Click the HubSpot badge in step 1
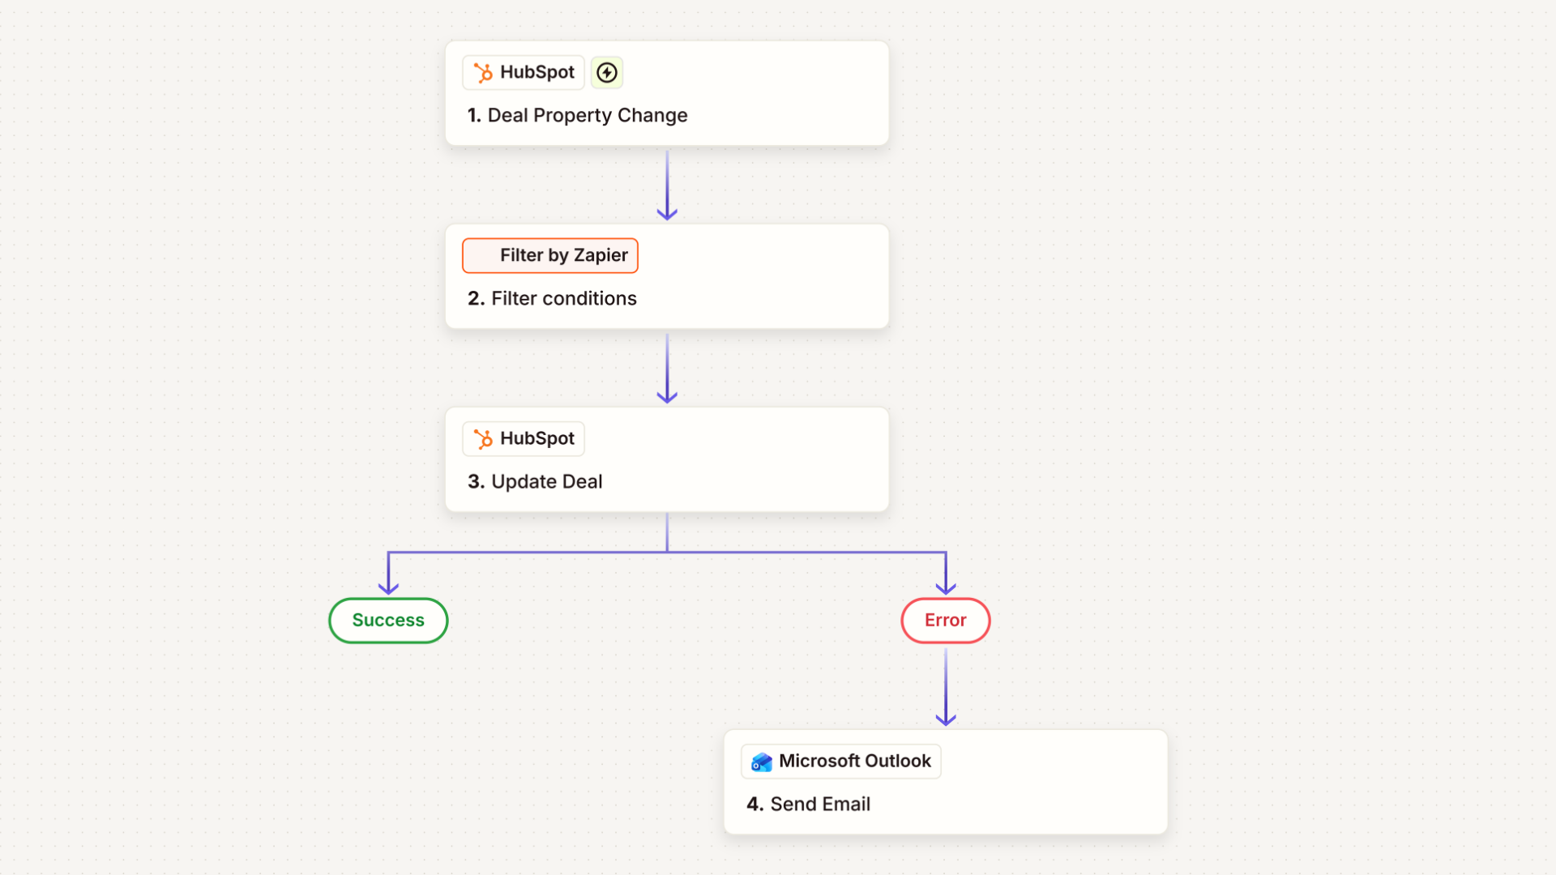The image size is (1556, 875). (524, 73)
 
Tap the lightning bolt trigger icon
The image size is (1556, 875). (607, 73)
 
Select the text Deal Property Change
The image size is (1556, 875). (588, 115)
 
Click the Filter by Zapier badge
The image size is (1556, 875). (550, 256)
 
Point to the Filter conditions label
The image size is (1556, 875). (564, 298)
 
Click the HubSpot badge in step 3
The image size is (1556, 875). (524, 439)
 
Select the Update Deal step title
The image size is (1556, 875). (547, 481)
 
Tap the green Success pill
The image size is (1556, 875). (388, 621)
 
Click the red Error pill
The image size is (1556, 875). (946, 621)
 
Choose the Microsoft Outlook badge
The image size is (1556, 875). (841, 762)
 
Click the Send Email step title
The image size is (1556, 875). (820, 804)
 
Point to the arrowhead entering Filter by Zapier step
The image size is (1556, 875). (667, 214)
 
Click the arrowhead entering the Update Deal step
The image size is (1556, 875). (667, 397)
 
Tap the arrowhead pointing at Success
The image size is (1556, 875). (388, 588)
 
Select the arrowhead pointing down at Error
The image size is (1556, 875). (946, 588)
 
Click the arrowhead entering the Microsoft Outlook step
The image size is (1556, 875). (946, 719)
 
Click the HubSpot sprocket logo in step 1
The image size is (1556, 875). (483, 73)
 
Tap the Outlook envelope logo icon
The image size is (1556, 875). (762, 762)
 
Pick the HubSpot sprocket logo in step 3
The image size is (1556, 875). (483, 439)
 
